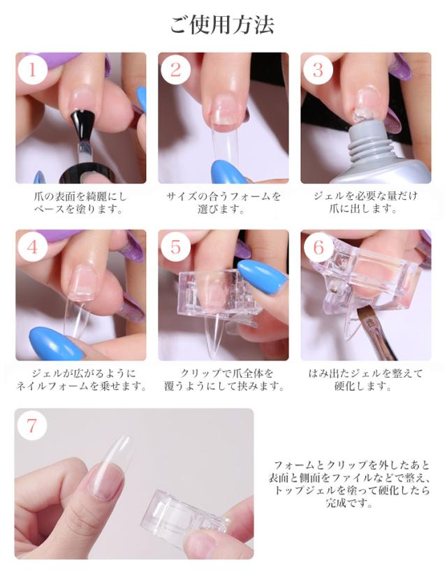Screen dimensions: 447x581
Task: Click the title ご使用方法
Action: tap(222, 24)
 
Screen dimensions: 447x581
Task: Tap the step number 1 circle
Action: tap(33, 69)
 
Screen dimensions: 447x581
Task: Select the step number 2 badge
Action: tap(175, 69)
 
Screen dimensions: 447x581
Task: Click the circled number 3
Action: tap(318, 69)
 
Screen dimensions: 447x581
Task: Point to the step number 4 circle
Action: tap(33, 247)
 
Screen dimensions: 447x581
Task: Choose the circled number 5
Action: tap(175, 247)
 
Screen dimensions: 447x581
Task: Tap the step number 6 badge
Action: tap(318, 247)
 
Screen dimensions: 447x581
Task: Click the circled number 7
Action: tap(32, 425)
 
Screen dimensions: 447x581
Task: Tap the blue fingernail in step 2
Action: tap(229, 172)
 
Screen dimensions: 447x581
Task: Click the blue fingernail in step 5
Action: tap(262, 277)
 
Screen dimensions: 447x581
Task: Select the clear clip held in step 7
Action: tap(184, 514)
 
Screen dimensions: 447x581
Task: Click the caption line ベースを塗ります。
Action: tap(78, 209)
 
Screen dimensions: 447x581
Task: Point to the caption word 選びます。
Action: tap(221, 209)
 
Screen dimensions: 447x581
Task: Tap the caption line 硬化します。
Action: tap(363, 387)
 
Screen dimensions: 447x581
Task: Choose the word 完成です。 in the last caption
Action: tap(349, 503)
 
